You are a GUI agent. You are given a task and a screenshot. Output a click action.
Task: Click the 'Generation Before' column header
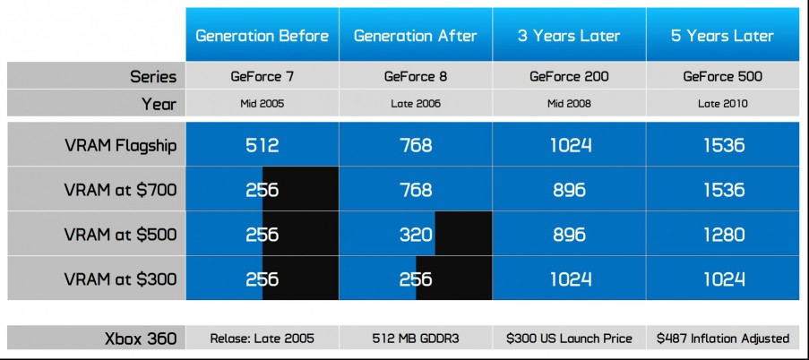tap(262, 36)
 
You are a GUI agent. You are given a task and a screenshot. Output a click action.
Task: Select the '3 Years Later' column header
tap(569, 36)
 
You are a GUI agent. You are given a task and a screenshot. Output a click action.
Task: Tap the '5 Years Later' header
tap(722, 36)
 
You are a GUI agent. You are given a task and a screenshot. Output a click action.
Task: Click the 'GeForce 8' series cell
tap(416, 76)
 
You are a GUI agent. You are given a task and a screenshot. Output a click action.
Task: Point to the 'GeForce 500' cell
tap(722, 76)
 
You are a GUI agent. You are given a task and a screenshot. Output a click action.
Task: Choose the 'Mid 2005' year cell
tap(262, 104)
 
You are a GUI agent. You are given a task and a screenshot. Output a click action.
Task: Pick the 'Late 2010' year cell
tap(722, 104)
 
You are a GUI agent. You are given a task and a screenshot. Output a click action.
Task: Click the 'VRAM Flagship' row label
tap(121, 145)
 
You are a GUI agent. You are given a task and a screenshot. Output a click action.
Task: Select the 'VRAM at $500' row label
tap(121, 235)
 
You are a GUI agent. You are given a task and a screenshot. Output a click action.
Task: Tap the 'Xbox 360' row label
tap(141, 339)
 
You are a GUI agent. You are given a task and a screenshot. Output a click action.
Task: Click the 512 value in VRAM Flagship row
tap(262, 145)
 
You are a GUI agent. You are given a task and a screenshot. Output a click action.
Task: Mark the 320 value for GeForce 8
tap(416, 235)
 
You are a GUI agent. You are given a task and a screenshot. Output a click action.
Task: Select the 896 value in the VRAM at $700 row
tap(569, 191)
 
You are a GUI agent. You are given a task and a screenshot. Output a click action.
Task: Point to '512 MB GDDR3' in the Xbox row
tap(416, 339)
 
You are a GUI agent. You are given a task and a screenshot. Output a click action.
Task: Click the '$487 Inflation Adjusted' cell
tap(722, 339)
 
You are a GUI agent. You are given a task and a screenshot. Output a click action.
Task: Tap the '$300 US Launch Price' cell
tap(569, 339)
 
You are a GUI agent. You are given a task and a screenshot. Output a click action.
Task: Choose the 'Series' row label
tap(153, 77)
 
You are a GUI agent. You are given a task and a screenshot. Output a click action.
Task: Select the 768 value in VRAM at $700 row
tap(416, 191)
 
